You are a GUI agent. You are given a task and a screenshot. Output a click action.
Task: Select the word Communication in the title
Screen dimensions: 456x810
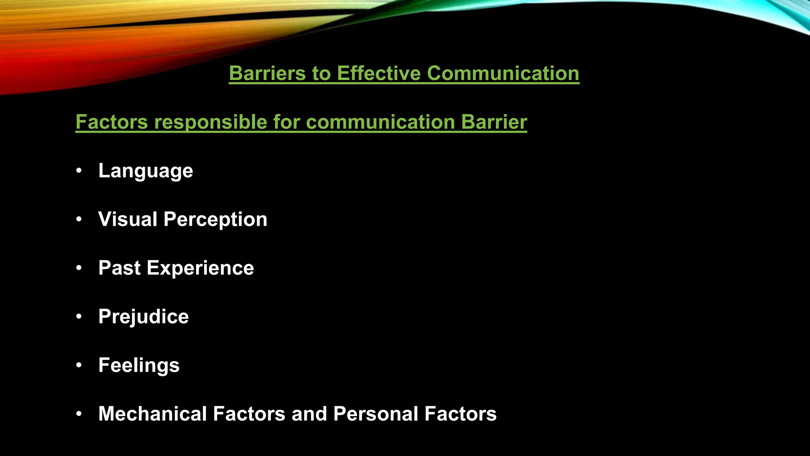click(x=503, y=74)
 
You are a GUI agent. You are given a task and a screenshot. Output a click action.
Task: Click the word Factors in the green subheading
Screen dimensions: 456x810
click(x=112, y=122)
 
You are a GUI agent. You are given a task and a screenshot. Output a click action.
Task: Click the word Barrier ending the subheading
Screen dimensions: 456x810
click(x=494, y=122)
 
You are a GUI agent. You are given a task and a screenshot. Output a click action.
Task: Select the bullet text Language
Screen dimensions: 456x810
click(x=146, y=171)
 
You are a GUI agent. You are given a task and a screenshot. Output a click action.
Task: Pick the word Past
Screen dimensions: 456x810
click(x=119, y=268)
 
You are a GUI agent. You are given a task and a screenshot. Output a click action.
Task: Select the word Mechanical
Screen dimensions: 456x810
click(x=152, y=414)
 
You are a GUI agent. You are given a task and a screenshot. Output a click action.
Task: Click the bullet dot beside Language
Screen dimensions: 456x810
click(x=79, y=171)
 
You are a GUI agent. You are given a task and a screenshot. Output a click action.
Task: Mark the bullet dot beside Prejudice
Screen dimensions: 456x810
click(x=79, y=317)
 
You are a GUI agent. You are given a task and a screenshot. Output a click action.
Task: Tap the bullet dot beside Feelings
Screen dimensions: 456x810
click(x=79, y=365)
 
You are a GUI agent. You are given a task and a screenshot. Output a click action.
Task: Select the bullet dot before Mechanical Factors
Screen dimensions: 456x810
click(x=79, y=414)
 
